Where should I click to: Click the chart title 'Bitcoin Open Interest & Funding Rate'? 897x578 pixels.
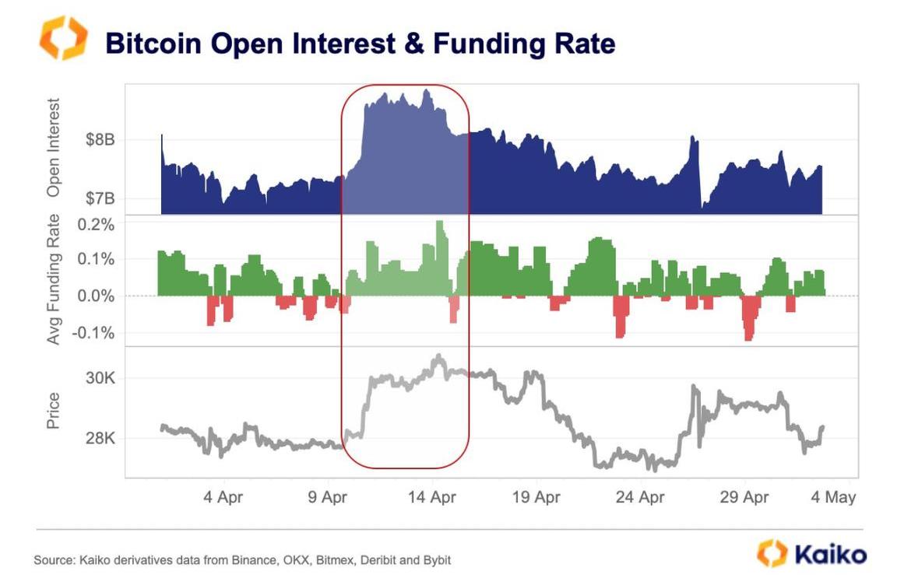(360, 44)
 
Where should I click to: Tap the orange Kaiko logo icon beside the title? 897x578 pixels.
(64, 38)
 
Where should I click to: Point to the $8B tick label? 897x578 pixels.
(100, 141)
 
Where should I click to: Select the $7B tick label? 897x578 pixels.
(100, 199)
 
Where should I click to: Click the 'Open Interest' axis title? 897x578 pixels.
(54, 147)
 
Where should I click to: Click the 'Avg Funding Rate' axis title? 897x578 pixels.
(54, 280)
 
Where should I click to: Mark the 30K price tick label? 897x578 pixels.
(100, 378)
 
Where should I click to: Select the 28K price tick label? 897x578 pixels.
(100, 439)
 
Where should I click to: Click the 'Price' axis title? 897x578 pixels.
(54, 412)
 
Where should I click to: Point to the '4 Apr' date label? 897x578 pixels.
(223, 497)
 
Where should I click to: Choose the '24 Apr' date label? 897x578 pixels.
(640, 497)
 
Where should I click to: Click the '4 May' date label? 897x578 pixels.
(832, 497)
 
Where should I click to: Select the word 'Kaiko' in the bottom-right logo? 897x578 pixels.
(830, 554)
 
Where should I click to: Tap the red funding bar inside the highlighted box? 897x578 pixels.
(453, 310)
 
